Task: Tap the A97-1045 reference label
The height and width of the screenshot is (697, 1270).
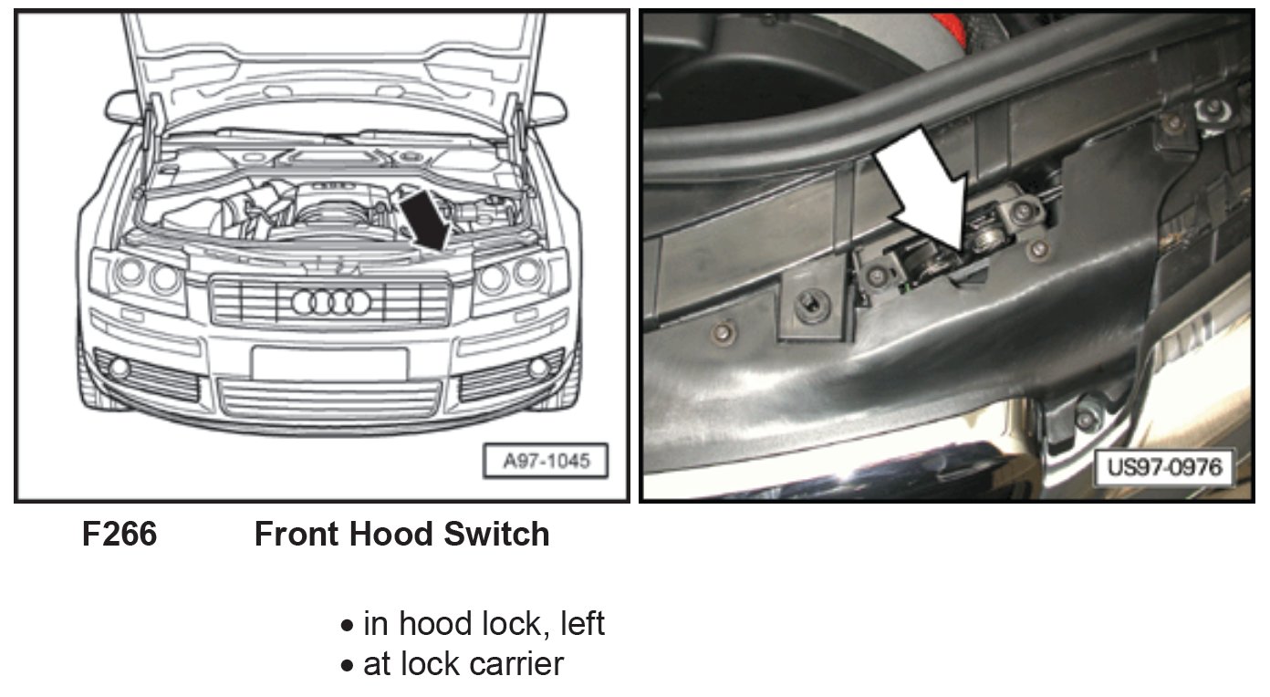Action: point(546,461)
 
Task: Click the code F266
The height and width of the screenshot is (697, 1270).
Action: point(120,534)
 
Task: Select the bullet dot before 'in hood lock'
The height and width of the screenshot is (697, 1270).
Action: point(347,626)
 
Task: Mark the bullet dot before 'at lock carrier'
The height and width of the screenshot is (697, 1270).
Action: point(347,665)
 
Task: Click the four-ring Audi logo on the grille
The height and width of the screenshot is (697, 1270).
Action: point(331,302)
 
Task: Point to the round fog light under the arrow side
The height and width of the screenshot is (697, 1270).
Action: point(538,367)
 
